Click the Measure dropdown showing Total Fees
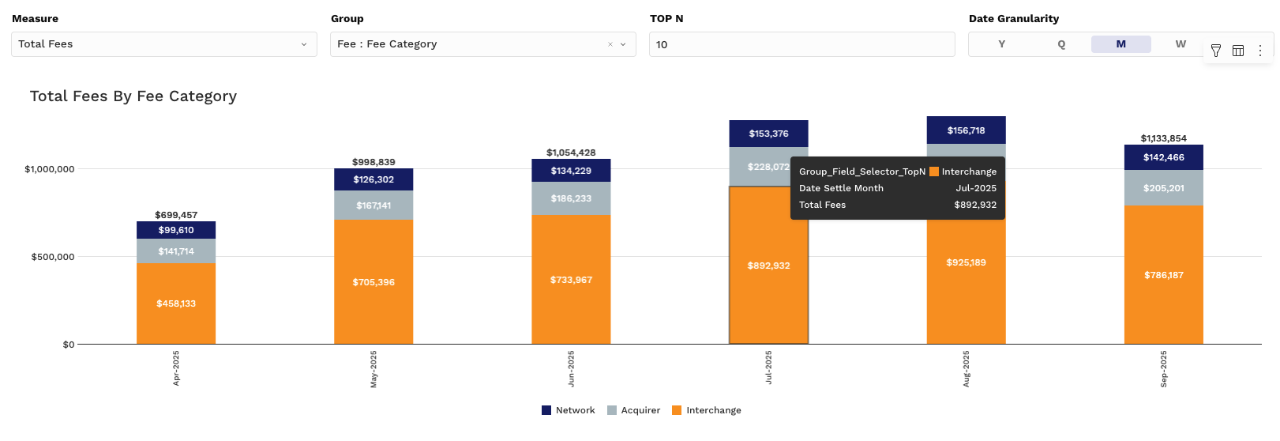(163, 44)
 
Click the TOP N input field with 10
(801, 44)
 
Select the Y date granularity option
(1001, 44)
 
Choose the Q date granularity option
(1061, 44)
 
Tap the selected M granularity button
(1120, 44)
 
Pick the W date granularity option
(1181, 44)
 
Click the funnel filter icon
(1216, 51)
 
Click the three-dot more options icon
(1260, 51)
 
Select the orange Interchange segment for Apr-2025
(176, 303)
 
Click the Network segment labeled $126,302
(373, 179)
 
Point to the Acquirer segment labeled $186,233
(571, 198)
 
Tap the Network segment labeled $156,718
(966, 130)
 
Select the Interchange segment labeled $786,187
(1163, 275)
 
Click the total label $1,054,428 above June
(571, 153)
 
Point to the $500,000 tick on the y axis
(52, 257)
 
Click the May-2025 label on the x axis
(373, 368)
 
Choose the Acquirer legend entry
(633, 410)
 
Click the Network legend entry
(569, 410)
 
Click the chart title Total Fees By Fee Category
(133, 96)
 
